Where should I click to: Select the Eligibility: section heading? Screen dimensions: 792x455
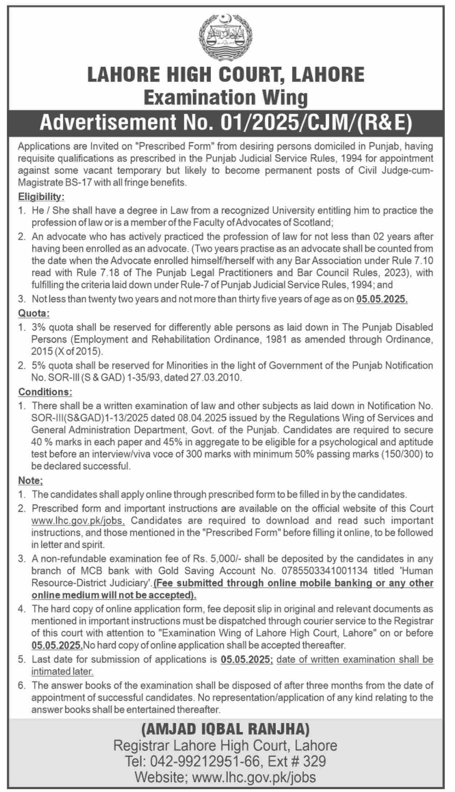(x=41, y=197)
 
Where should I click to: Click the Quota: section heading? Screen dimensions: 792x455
(x=34, y=313)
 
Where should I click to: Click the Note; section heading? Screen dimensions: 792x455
(x=31, y=480)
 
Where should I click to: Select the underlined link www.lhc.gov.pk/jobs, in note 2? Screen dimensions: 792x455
(x=78, y=520)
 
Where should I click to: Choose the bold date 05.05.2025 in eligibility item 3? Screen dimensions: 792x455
(x=382, y=300)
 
